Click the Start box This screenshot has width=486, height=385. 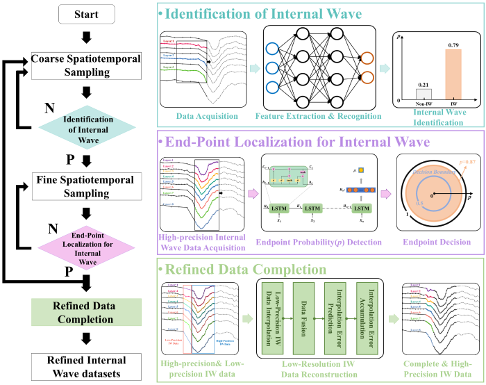(85, 14)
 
